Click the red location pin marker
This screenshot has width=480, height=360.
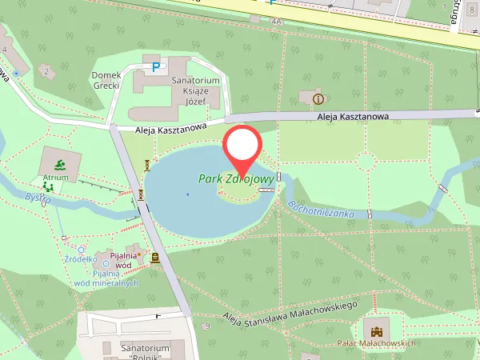(242, 146)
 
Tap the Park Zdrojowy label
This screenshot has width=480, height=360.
(237, 179)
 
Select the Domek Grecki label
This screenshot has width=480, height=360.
(106, 80)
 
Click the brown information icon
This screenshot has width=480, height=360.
(318, 98)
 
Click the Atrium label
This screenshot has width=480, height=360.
(56, 177)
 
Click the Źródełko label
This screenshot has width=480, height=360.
(82, 259)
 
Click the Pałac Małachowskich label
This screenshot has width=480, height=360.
(378, 343)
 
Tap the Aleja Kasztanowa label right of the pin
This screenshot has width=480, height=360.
(353, 117)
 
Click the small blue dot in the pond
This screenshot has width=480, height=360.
(188, 194)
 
